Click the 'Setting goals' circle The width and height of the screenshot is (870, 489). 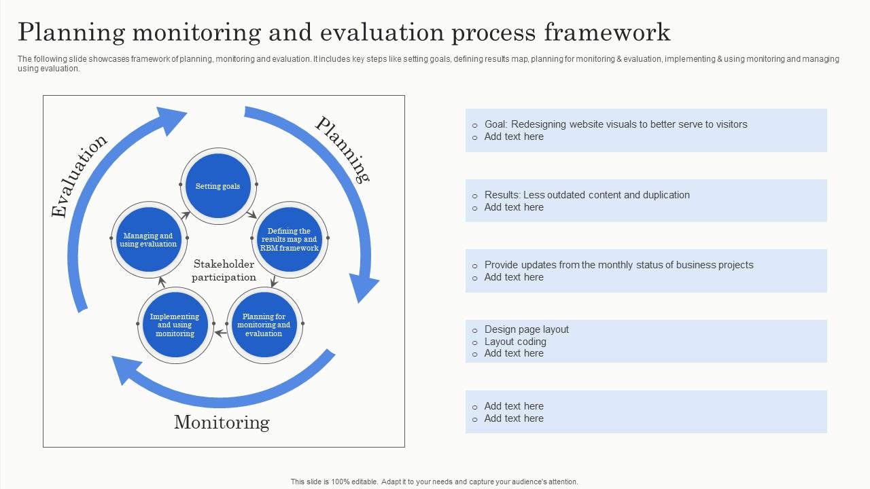pyautogui.click(x=218, y=185)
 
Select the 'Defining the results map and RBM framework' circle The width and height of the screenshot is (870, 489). pyautogui.click(x=290, y=240)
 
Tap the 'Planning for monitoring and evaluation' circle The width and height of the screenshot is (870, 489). pyautogui.click(x=264, y=325)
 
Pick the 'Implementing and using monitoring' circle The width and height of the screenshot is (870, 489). pyautogui.click(x=175, y=325)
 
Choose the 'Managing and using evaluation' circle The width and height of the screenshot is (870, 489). pyautogui.click(x=148, y=240)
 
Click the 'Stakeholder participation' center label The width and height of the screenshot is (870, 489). pyautogui.click(x=224, y=270)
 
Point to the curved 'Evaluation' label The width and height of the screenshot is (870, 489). pyautogui.click(x=79, y=176)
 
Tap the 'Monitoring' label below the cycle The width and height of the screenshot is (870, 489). pyautogui.click(x=222, y=422)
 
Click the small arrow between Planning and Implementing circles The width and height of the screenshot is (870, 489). pyautogui.click(x=220, y=333)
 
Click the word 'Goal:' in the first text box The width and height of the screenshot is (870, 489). pyautogui.click(x=496, y=124)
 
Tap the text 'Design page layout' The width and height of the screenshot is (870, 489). pyautogui.click(x=526, y=329)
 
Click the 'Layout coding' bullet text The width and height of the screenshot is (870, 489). pyautogui.click(x=515, y=342)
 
